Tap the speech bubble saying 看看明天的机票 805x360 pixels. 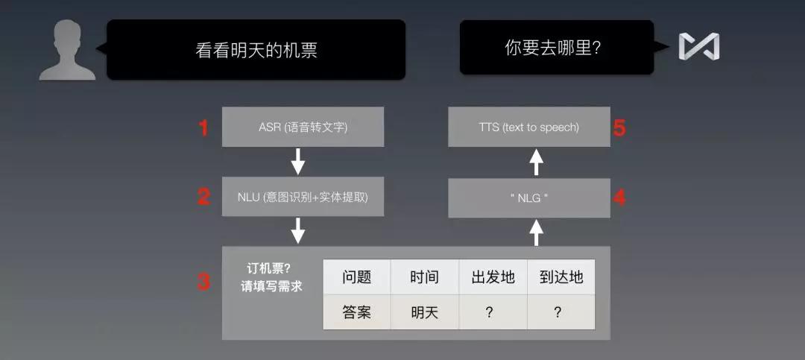click(256, 49)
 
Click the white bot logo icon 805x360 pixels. click(698, 47)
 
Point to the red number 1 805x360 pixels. click(203, 127)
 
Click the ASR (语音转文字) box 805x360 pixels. click(303, 127)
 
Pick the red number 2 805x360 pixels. click(203, 197)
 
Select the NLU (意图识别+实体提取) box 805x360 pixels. click(303, 197)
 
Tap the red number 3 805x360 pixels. click(203, 282)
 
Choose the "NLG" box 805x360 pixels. click(528, 198)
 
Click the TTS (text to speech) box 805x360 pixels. click(528, 127)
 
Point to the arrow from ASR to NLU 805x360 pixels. click(298, 161)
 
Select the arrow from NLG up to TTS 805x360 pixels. click(536, 161)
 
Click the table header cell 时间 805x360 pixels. click(424, 277)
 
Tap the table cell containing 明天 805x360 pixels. click(424, 312)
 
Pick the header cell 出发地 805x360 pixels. click(493, 277)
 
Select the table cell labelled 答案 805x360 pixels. click(356, 312)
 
